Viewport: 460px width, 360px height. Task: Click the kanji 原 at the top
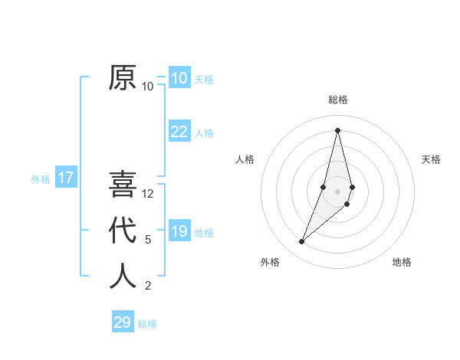coord(123,77)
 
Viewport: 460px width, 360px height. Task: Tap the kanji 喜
coord(123,185)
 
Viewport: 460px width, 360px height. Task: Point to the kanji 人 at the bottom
coord(123,276)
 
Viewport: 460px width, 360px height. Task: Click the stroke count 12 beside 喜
coord(148,193)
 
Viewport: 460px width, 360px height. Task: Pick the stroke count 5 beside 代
coord(148,240)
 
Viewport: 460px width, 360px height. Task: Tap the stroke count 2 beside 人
coord(148,286)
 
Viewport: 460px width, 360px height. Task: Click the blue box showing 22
coord(179,132)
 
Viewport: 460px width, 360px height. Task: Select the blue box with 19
coord(179,231)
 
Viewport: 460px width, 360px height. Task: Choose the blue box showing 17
coord(66,178)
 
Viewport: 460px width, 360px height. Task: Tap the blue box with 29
coord(123,322)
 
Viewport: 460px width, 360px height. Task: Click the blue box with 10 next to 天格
coord(179,78)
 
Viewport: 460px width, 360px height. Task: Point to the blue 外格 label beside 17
coord(41,179)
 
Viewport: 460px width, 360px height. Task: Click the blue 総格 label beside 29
coord(147,324)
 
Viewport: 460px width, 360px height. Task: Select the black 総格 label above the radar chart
coord(337,100)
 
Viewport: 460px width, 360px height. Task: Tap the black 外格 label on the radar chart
coord(270,262)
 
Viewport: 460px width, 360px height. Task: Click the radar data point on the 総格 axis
coord(337,129)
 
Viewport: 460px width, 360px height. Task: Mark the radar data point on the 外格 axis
coord(301,242)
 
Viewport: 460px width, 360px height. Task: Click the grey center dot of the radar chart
coord(337,191)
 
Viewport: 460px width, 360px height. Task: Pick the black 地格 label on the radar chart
coord(402,262)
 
